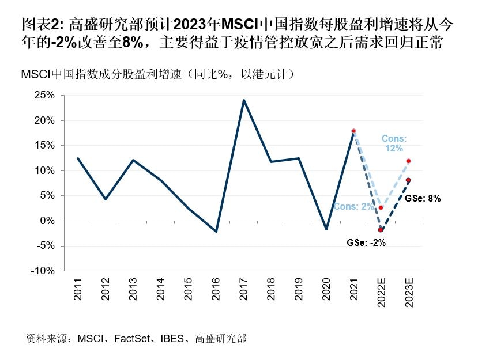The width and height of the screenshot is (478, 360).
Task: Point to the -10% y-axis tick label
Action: [x=42, y=271]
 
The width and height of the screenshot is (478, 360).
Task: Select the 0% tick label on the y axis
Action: [x=46, y=221]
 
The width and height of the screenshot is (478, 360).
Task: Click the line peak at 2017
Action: [x=243, y=100]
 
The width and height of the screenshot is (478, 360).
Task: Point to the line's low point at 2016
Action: [x=216, y=232]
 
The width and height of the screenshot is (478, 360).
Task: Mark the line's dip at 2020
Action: [x=326, y=229]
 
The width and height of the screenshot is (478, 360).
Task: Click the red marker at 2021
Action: [x=353, y=131]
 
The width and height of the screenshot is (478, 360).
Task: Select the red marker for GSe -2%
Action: [x=381, y=230]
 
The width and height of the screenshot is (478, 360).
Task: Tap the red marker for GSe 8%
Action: [x=408, y=180]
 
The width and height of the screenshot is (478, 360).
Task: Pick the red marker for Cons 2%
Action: [x=381, y=207]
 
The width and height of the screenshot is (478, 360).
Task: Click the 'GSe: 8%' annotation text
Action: [x=423, y=198]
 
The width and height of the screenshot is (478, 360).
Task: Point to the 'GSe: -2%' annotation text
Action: [x=366, y=243]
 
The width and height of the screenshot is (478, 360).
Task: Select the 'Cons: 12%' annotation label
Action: [x=394, y=143]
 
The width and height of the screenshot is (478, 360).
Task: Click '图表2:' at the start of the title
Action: [x=43, y=24]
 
